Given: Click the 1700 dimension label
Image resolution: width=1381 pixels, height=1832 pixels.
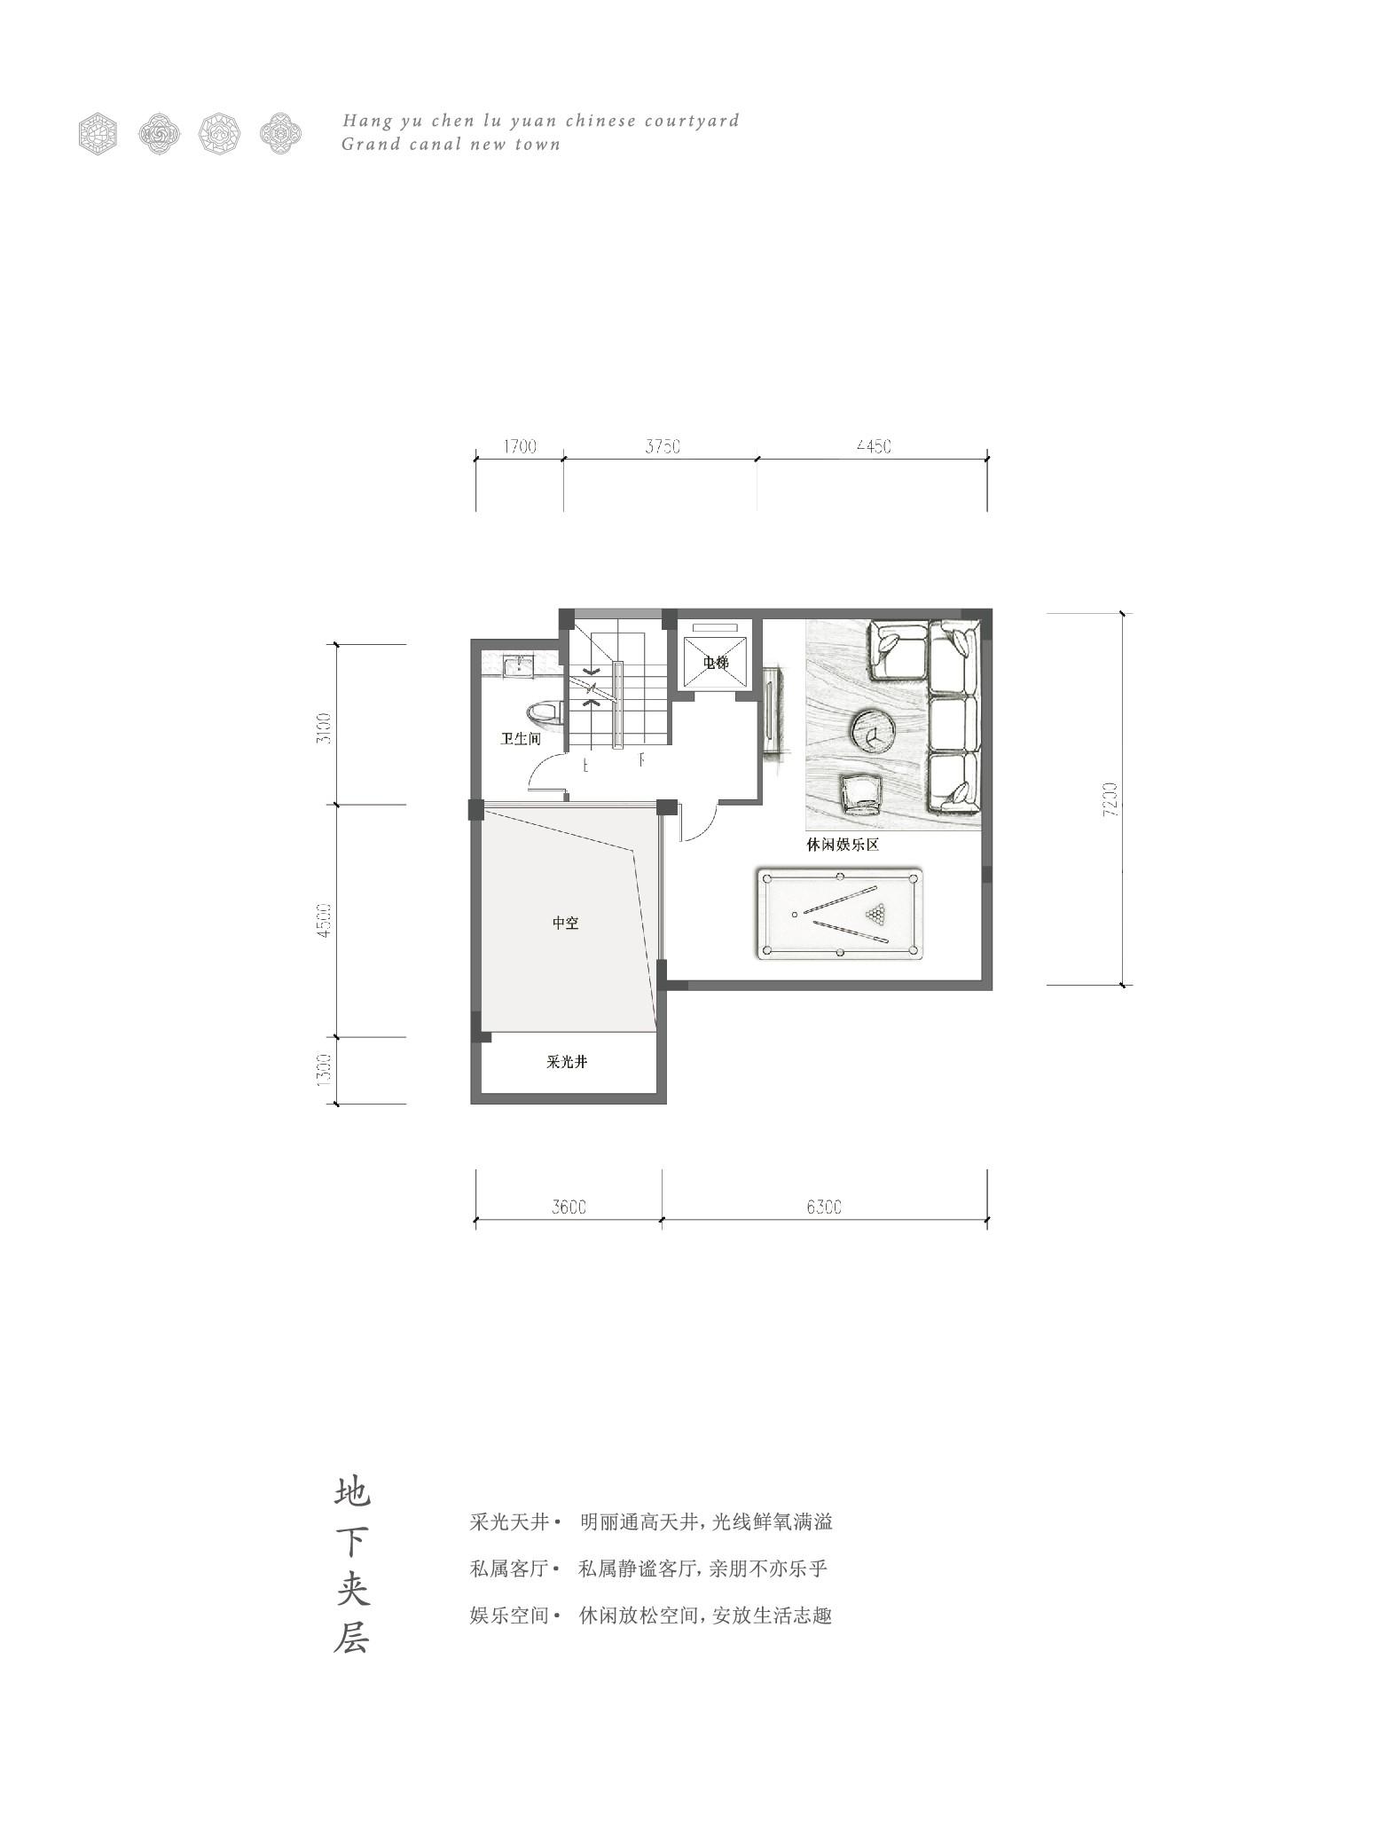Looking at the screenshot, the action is point(520,446).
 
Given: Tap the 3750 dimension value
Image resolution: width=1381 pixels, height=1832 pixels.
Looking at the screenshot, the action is point(663,446).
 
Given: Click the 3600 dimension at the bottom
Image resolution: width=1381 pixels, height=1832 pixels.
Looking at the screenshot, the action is point(569,1207).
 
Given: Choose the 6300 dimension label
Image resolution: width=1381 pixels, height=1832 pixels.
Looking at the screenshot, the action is point(824,1207).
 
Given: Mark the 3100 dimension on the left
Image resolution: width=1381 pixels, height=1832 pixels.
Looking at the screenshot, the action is point(324,727).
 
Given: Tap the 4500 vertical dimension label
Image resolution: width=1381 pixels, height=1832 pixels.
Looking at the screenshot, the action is point(324,921).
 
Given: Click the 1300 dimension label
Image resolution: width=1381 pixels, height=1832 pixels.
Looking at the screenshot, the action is point(324,1070).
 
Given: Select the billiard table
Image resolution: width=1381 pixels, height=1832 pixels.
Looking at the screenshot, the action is point(840,914).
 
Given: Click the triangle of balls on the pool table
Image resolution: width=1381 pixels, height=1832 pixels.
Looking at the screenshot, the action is point(877,912).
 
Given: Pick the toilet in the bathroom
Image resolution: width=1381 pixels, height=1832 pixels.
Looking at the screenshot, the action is point(545,712).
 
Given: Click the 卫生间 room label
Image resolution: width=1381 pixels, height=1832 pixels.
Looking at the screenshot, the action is point(520,738).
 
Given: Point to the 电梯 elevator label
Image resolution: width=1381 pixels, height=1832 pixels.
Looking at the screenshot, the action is point(715,663).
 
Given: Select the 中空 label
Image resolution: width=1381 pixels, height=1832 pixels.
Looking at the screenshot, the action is point(565,923).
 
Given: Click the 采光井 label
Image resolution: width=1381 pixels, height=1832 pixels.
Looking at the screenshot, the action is point(566,1061).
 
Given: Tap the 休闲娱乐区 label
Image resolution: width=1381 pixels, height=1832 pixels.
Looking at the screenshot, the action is point(842,845).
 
